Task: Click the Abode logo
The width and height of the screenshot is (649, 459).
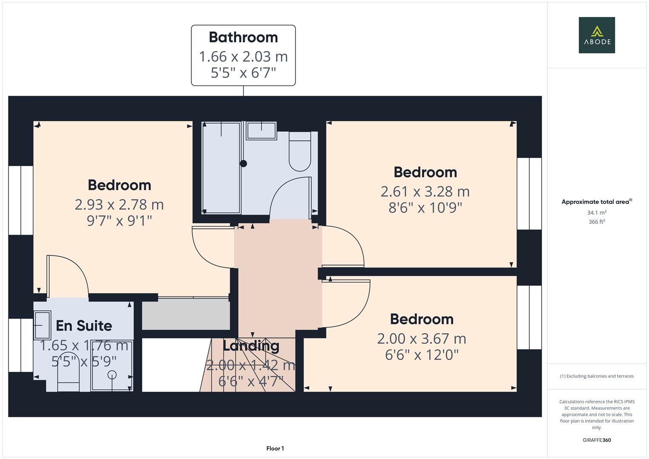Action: pyautogui.click(x=597, y=35)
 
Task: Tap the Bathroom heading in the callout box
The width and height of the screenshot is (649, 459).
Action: pyautogui.click(x=244, y=37)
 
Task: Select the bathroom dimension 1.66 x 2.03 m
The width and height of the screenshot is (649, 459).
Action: pyautogui.click(x=244, y=57)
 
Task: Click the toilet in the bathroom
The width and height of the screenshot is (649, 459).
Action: pyautogui.click(x=300, y=151)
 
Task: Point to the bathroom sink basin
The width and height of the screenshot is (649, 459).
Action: pyautogui.click(x=261, y=131)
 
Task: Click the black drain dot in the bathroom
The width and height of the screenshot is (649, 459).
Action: pyautogui.click(x=244, y=164)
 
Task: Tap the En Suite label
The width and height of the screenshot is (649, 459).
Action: pyautogui.click(x=84, y=326)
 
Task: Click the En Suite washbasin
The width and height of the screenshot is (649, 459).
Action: pyautogui.click(x=43, y=325)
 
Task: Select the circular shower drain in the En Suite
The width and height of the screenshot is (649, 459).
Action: pyautogui.click(x=112, y=375)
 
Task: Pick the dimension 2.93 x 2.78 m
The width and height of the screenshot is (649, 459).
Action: pyautogui.click(x=119, y=205)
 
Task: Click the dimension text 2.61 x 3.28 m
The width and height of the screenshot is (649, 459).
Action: pyautogui.click(x=425, y=192)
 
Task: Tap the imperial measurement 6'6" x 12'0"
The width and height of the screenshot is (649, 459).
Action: pyautogui.click(x=422, y=355)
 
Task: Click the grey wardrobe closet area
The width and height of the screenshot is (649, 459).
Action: pyautogui.click(x=186, y=314)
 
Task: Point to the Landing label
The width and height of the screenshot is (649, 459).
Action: pyautogui.click(x=251, y=346)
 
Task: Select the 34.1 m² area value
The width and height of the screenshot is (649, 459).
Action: pyautogui.click(x=597, y=212)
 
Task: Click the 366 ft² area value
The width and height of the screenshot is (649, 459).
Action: pyautogui.click(x=597, y=222)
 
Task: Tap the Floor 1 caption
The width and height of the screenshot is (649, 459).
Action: pyautogui.click(x=275, y=448)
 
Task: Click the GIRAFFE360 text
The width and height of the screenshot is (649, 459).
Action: pyautogui.click(x=597, y=440)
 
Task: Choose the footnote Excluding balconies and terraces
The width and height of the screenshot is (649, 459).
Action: pyautogui.click(x=597, y=376)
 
